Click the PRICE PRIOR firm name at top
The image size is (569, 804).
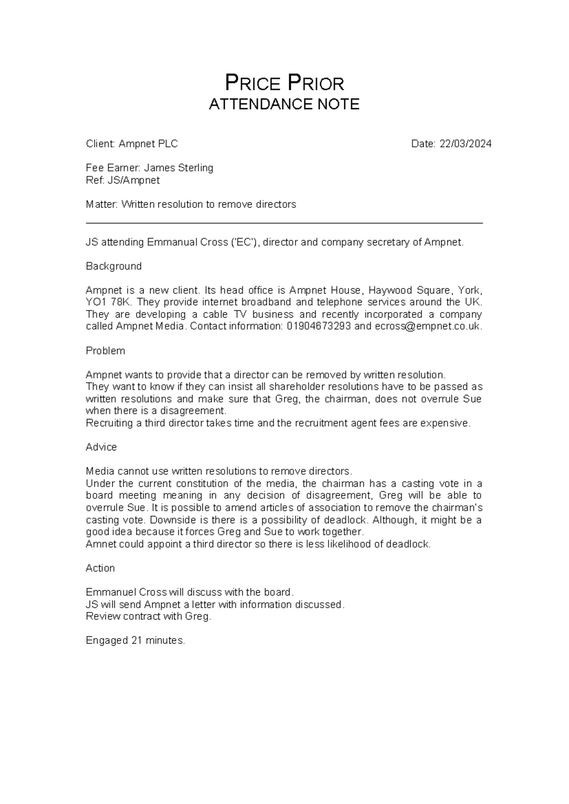284,83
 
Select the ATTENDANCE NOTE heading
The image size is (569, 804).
284,104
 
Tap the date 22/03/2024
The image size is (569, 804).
465,144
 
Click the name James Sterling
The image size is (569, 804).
178,168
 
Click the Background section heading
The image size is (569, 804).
113,266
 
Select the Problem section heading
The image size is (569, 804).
105,351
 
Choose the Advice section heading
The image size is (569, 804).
101,447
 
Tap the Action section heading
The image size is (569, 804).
100,568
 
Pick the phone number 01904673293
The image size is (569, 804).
319,327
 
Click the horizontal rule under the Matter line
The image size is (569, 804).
284,223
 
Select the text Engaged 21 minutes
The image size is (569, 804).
135,640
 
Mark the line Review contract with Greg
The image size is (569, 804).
148,616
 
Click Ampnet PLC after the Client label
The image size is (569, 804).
148,144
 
